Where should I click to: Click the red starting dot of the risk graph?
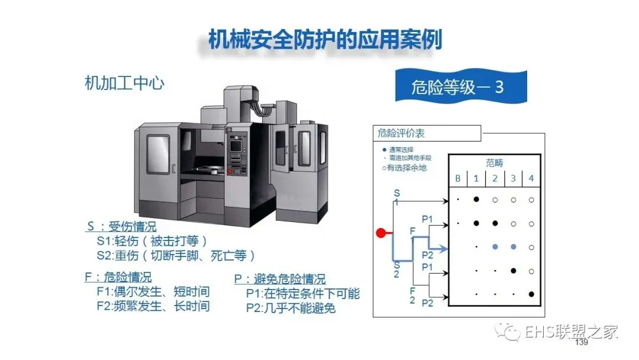pos(381,233)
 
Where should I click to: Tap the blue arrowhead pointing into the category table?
pos(444,249)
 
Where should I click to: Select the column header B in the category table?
pos(457,178)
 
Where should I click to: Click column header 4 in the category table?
pos(531,178)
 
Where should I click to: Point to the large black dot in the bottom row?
pos(531,294)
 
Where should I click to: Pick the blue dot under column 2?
pos(495,246)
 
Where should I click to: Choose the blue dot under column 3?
pos(513,246)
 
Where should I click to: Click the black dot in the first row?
pos(476,199)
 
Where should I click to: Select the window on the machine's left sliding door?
pos(158,155)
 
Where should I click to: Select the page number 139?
pos(581,343)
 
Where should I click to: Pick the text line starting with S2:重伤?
pos(176,256)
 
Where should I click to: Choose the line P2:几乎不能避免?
pos(291,308)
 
